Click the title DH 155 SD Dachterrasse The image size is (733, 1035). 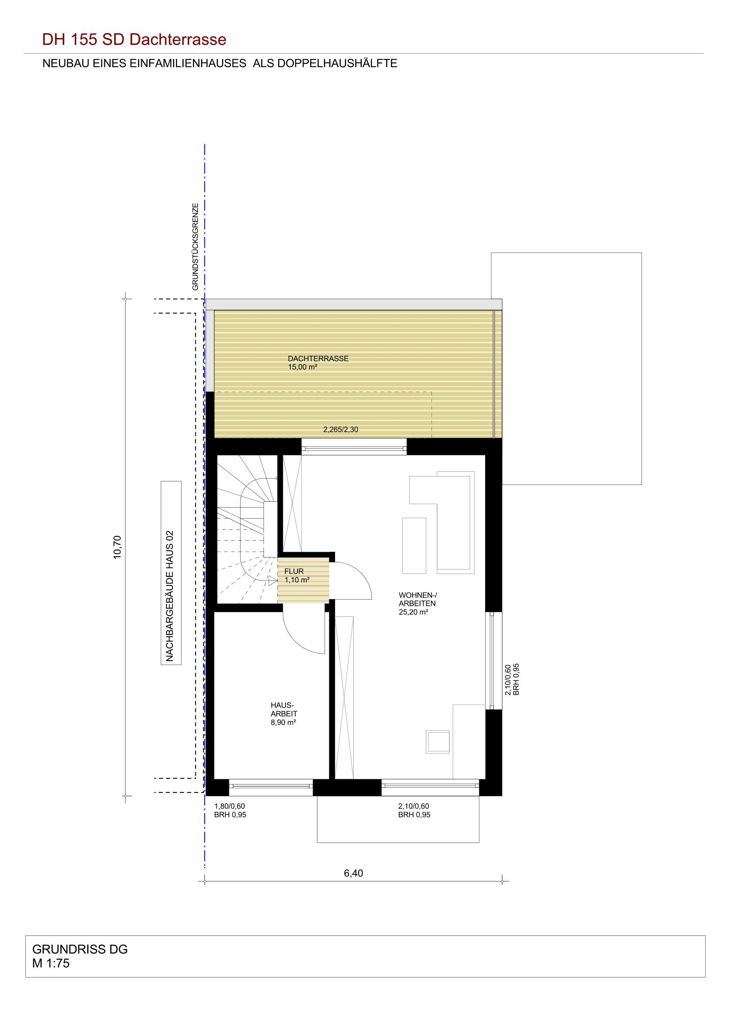(x=134, y=40)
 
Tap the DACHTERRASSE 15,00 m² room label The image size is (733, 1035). (x=318, y=363)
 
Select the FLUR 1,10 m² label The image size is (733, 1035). (x=297, y=576)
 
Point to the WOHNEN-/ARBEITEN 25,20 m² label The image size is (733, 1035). (x=418, y=604)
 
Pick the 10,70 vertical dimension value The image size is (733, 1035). (x=118, y=547)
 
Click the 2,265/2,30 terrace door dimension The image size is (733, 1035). (x=341, y=430)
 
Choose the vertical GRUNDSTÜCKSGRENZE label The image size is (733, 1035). (x=196, y=246)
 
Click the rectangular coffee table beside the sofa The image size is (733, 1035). (x=414, y=546)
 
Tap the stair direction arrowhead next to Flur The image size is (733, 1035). (x=272, y=581)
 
